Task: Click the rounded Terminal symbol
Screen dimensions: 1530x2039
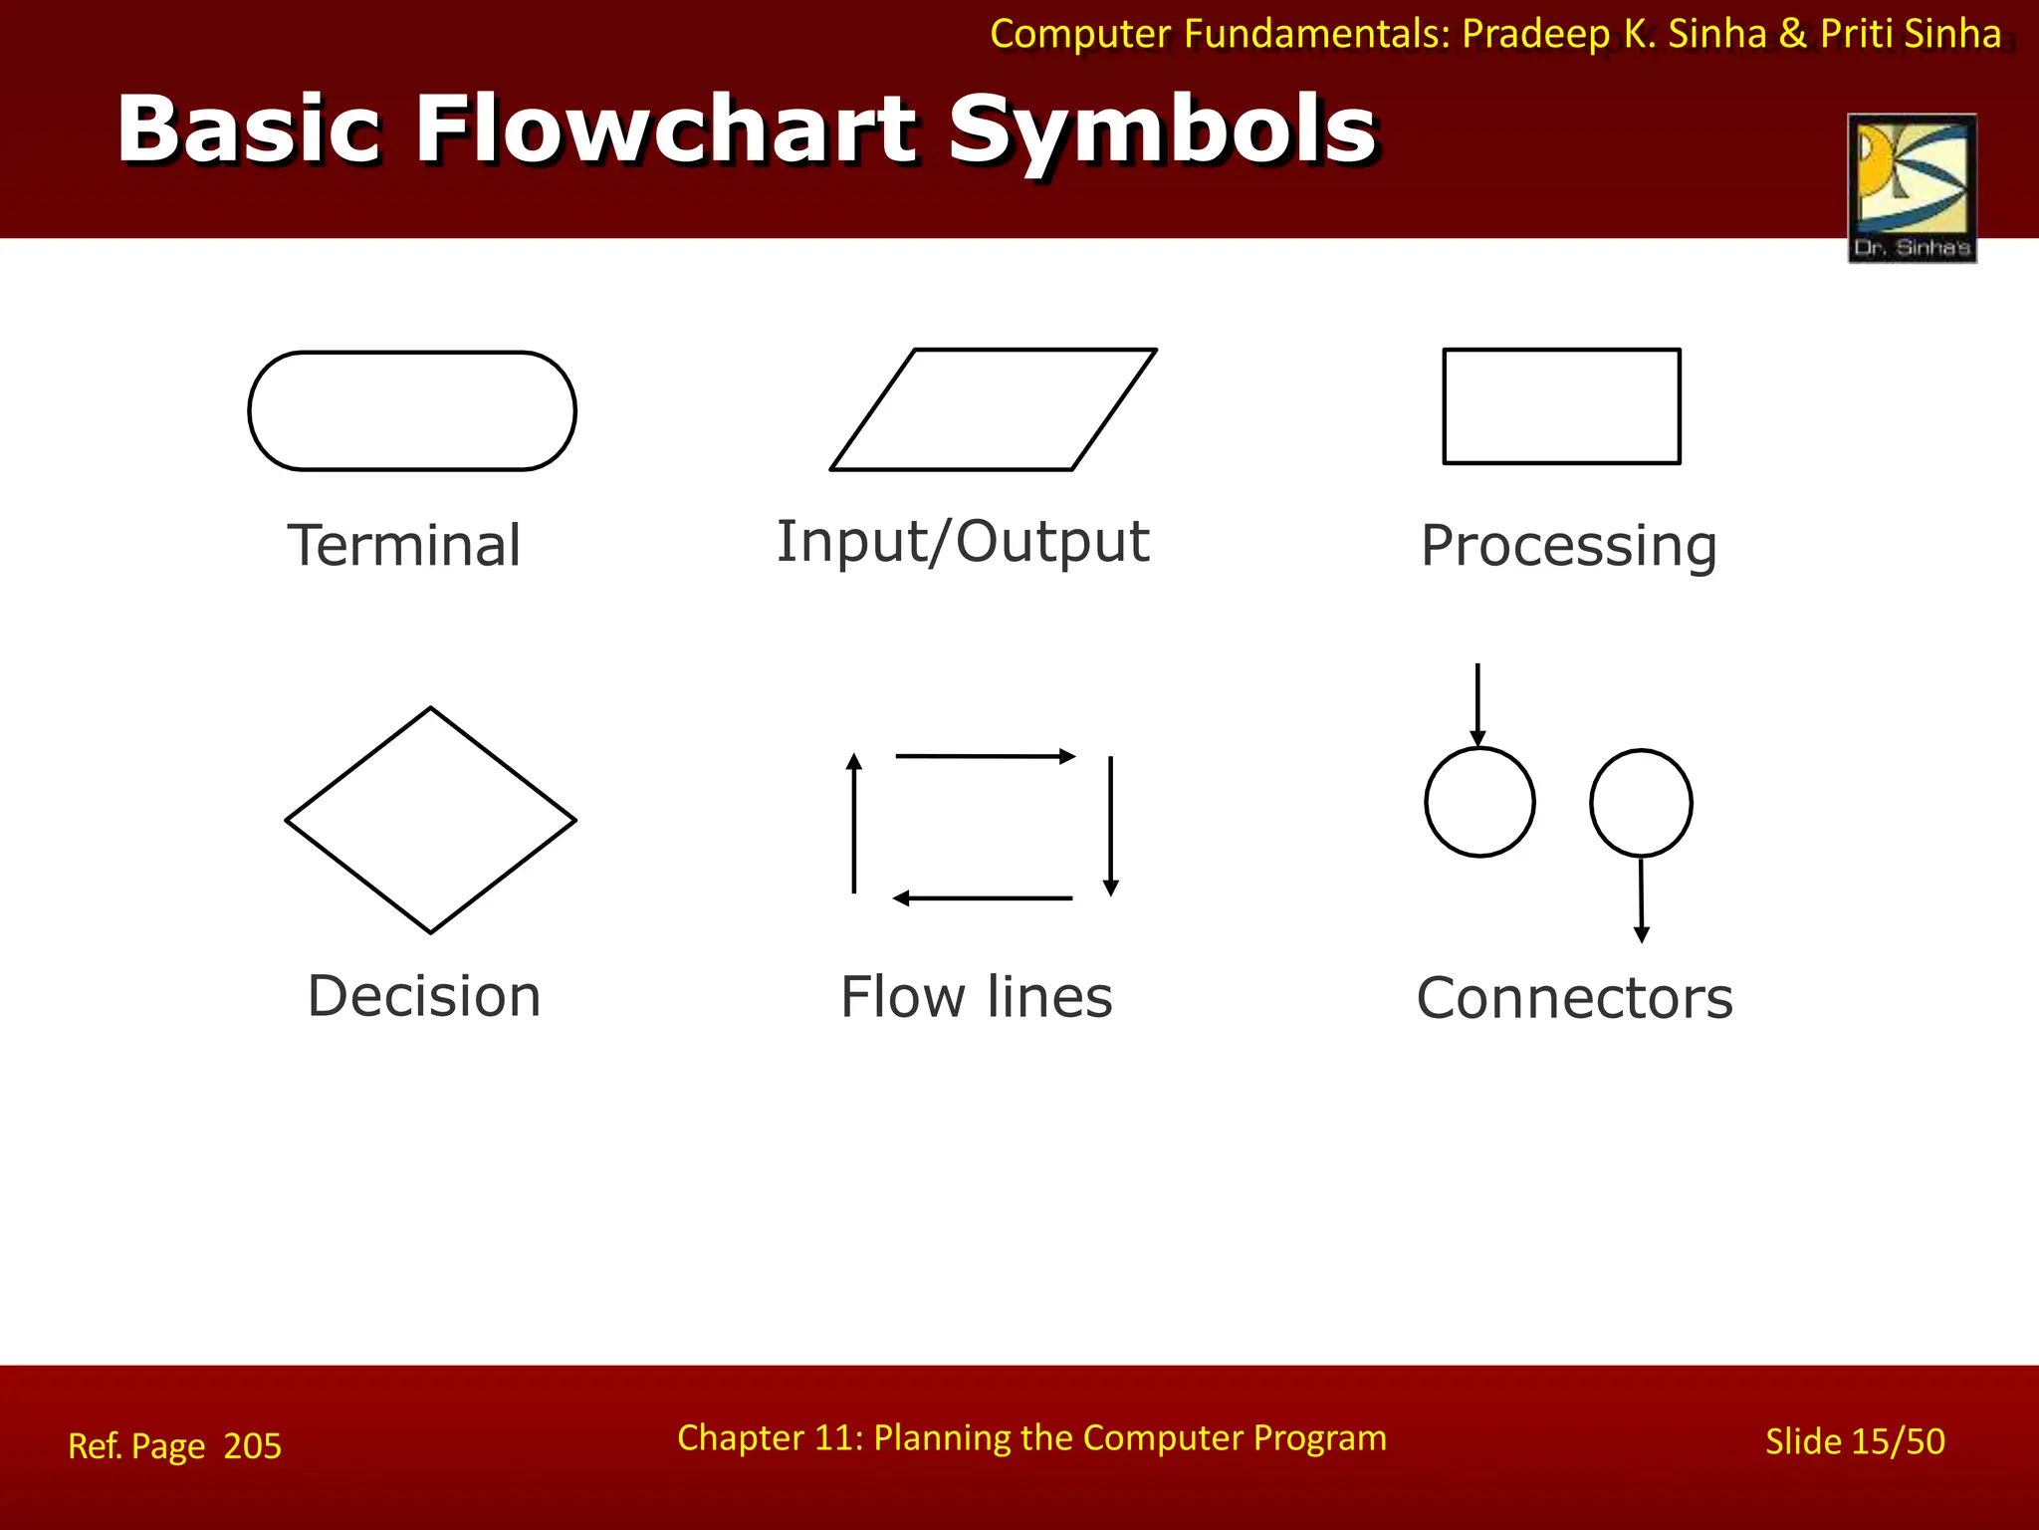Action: (411, 410)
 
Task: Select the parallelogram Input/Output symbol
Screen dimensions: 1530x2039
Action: (993, 409)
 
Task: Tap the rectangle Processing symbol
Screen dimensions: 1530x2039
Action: (1561, 406)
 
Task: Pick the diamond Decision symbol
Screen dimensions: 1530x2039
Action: (430, 820)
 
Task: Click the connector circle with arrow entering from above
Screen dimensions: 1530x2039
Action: (1479, 802)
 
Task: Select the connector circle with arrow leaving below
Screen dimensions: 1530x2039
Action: (1641, 803)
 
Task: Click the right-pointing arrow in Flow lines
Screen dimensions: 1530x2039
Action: (985, 756)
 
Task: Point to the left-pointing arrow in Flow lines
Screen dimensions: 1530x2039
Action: (983, 898)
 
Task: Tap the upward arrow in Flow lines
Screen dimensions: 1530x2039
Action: (854, 823)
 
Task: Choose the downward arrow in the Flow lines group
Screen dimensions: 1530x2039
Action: (1111, 826)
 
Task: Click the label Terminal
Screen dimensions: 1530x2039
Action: (404, 546)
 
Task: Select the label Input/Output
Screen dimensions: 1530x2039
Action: (963, 542)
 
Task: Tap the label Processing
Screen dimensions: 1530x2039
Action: (1568, 546)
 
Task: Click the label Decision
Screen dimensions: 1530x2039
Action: (424, 996)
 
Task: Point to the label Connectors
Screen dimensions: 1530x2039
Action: (1574, 998)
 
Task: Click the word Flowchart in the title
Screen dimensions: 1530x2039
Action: (666, 129)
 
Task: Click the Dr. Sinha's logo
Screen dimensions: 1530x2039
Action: (1912, 187)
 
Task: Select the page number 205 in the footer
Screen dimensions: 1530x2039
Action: (253, 1446)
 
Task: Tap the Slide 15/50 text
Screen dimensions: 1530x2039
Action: (1854, 1441)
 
